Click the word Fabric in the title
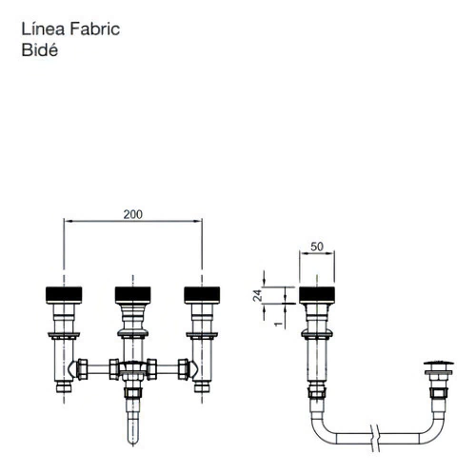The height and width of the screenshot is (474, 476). click(x=94, y=29)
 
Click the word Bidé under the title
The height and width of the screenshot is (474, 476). click(x=40, y=49)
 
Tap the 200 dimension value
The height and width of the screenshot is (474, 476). click(x=133, y=214)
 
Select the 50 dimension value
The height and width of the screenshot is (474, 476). click(x=317, y=247)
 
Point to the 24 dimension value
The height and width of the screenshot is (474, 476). click(x=257, y=295)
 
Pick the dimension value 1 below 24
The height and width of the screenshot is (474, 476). click(x=278, y=324)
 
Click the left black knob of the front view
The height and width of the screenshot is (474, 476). click(x=64, y=295)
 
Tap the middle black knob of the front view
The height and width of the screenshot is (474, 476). click(x=132, y=295)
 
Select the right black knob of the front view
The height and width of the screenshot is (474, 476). click(x=202, y=295)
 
